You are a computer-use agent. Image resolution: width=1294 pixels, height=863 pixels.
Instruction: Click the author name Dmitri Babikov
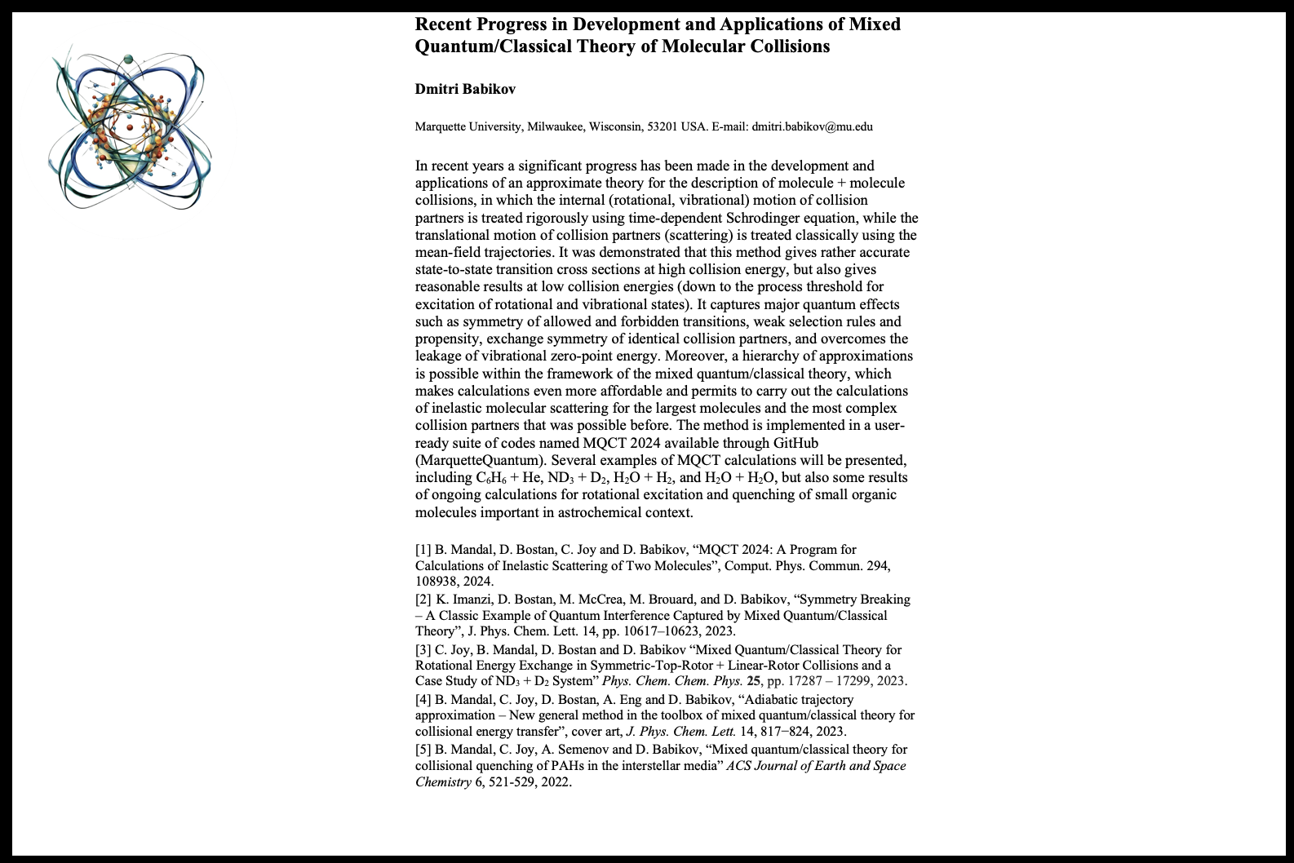465,89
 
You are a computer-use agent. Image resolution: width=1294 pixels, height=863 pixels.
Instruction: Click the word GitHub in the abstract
794,443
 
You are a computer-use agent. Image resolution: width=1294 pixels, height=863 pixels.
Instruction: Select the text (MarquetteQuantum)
480,460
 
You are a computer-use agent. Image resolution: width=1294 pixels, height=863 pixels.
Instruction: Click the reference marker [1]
423,550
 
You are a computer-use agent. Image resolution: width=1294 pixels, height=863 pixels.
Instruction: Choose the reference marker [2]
423,600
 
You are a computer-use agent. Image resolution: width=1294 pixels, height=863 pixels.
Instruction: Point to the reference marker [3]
423,650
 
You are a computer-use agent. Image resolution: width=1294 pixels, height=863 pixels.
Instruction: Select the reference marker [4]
423,700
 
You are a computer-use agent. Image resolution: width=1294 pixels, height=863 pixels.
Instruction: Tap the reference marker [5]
423,750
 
